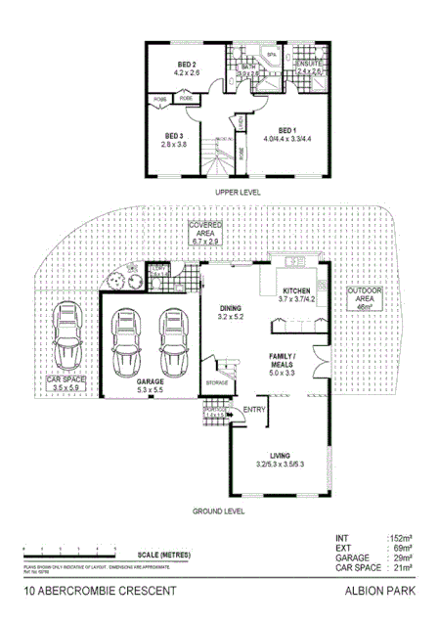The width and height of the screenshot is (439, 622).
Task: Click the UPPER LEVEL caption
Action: [239, 194]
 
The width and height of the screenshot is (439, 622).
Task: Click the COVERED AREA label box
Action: [205, 232]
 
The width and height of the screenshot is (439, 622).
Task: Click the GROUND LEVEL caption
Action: [216, 511]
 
